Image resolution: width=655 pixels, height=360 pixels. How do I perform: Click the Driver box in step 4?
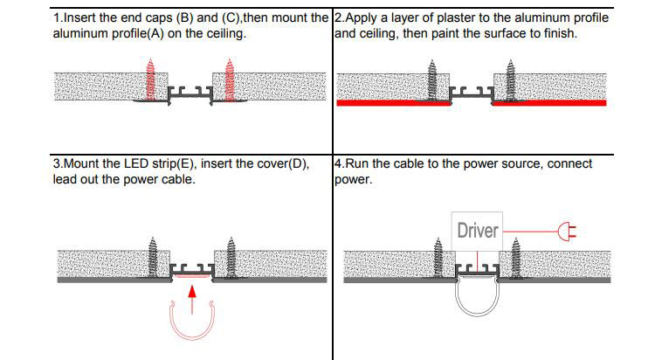click(477, 231)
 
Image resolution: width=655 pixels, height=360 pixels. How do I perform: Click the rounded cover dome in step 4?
click(476, 301)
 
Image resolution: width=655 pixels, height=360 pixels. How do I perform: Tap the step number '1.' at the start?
click(58, 18)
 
